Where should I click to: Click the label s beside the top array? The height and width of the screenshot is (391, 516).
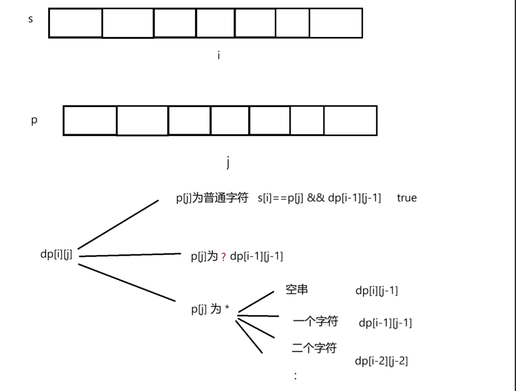31,19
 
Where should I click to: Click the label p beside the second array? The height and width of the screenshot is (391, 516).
34,120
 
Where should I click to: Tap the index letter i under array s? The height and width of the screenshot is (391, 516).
218,55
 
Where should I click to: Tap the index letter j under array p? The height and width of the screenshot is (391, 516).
228,163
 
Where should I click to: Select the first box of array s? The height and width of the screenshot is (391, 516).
75,23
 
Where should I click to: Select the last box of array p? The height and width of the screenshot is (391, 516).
350,121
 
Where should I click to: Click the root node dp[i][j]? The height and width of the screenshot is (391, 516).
56,254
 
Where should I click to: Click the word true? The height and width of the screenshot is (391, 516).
407,198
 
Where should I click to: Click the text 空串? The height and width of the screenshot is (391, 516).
297,290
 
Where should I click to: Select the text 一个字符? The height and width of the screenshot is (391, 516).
316,322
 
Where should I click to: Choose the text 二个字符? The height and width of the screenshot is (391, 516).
314,347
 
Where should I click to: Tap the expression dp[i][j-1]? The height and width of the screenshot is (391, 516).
376,291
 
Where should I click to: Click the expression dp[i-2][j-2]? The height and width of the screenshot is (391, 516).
381,361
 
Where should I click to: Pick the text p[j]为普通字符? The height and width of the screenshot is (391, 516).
212,198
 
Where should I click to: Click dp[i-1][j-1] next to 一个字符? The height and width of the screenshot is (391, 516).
385,323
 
